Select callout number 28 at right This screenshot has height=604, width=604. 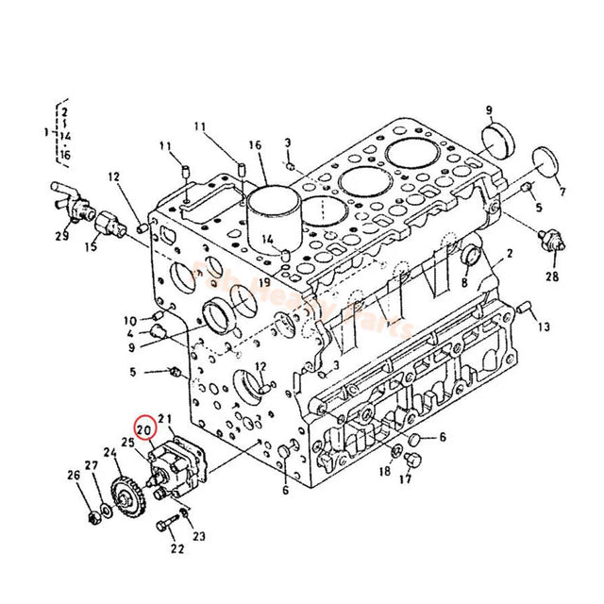coord(551,277)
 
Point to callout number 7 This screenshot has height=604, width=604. coord(563,193)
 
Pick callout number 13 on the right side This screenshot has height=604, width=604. coord(545,327)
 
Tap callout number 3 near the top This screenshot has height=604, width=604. coord(288,143)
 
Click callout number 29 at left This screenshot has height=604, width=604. coord(61,236)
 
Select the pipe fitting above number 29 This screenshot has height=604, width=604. coord(66,197)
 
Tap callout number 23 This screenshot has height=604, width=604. coord(199,537)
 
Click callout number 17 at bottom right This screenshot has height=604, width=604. coord(405,479)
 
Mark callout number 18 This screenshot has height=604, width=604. coord(384,470)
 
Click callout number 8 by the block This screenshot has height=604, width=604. coord(464,282)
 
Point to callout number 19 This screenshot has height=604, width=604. coord(265,282)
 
